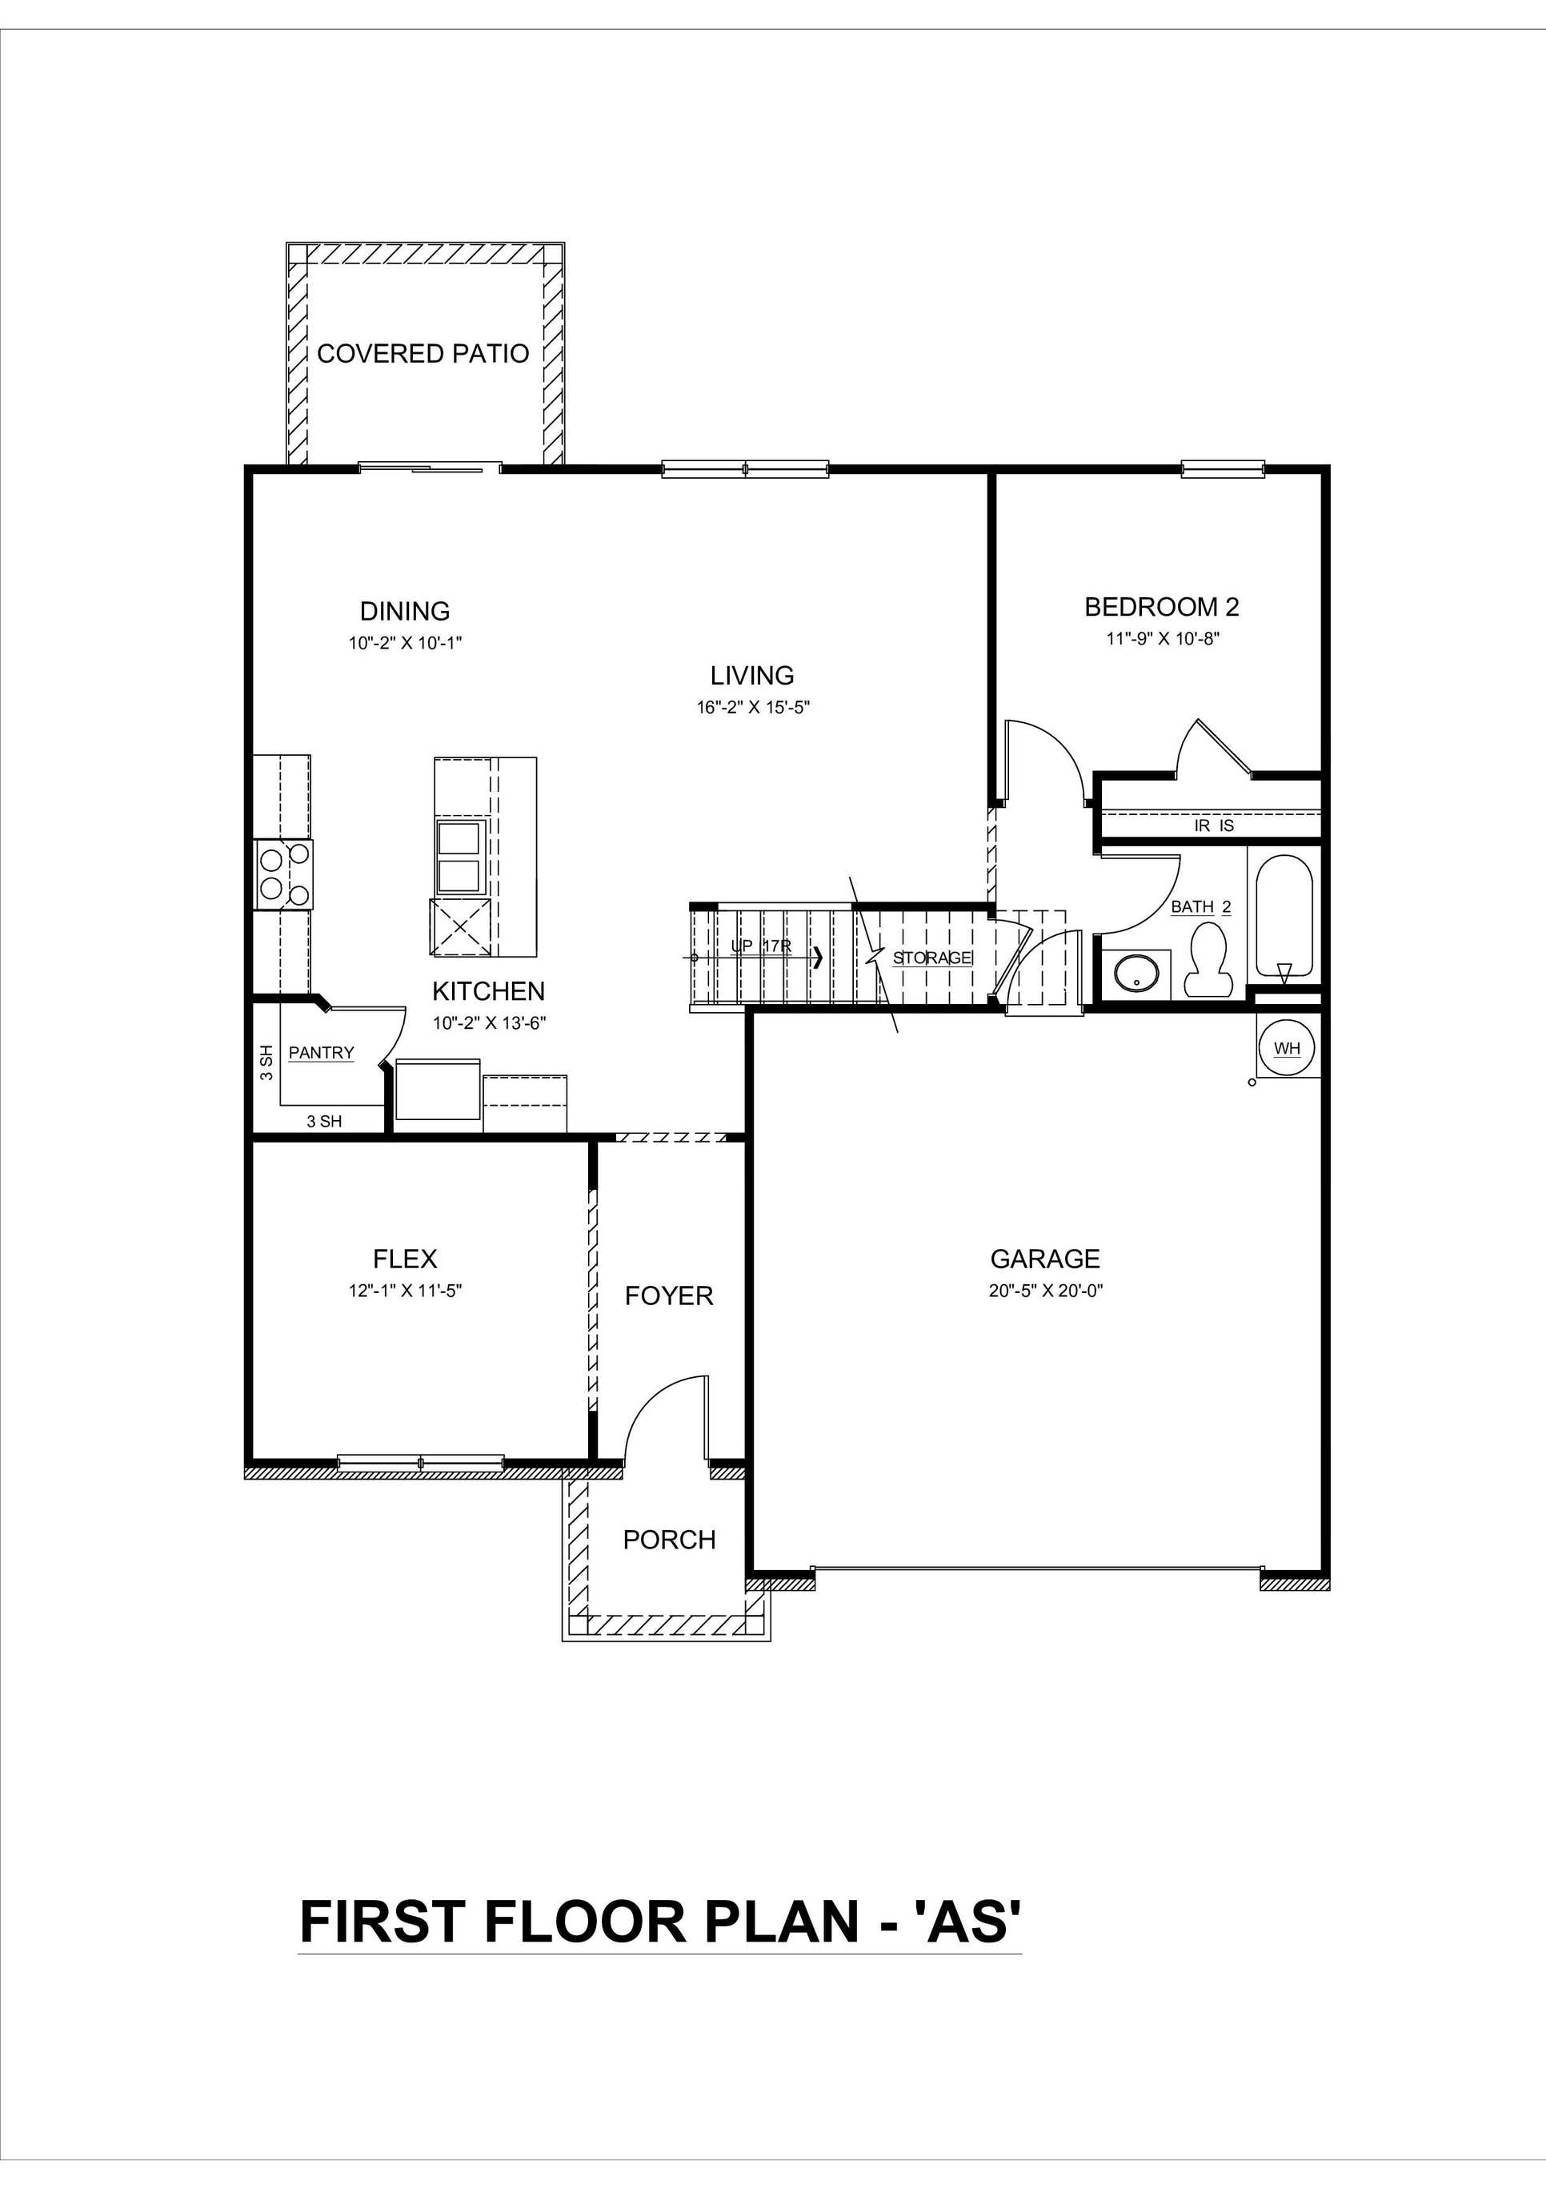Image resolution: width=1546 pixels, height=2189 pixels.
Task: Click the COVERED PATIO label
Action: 423,354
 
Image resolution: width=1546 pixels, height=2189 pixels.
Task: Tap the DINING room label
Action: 404,610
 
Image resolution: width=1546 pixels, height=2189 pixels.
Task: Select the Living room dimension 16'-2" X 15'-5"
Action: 752,708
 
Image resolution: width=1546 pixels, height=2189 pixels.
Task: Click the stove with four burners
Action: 284,874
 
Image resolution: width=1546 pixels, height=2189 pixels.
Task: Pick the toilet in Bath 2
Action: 1208,959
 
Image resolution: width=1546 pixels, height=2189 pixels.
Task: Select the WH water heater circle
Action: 1287,1049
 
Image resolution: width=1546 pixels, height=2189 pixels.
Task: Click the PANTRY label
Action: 321,1053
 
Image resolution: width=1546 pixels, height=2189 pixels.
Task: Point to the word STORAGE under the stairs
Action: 932,958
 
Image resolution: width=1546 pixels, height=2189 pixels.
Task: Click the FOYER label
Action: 668,1295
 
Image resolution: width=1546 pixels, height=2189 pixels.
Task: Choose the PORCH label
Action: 669,1540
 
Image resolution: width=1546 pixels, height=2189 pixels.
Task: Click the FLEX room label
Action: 405,1259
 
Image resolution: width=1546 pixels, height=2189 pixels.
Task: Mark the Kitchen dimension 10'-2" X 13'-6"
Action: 489,1023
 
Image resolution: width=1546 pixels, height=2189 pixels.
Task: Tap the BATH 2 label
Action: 1200,906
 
